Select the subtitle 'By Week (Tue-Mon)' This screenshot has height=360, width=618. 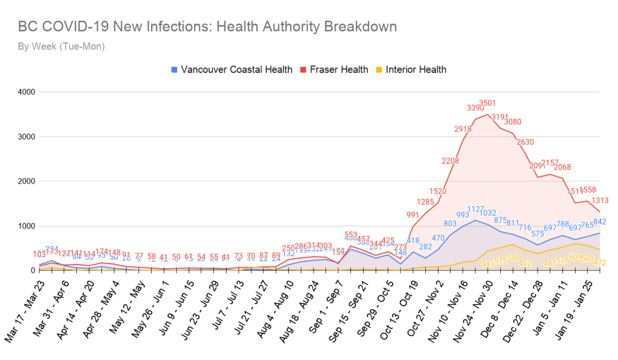[61, 47]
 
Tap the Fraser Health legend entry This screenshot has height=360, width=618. [339, 69]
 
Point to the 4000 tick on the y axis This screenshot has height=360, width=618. [27, 92]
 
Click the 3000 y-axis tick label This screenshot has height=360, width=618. [27, 137]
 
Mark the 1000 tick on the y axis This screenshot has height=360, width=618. [27, 226]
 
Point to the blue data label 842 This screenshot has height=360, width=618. [600, 222]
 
